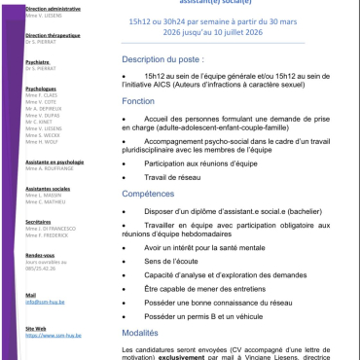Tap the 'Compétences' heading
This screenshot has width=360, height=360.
coord(156,194)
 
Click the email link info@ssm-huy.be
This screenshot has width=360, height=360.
coord(39,302)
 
